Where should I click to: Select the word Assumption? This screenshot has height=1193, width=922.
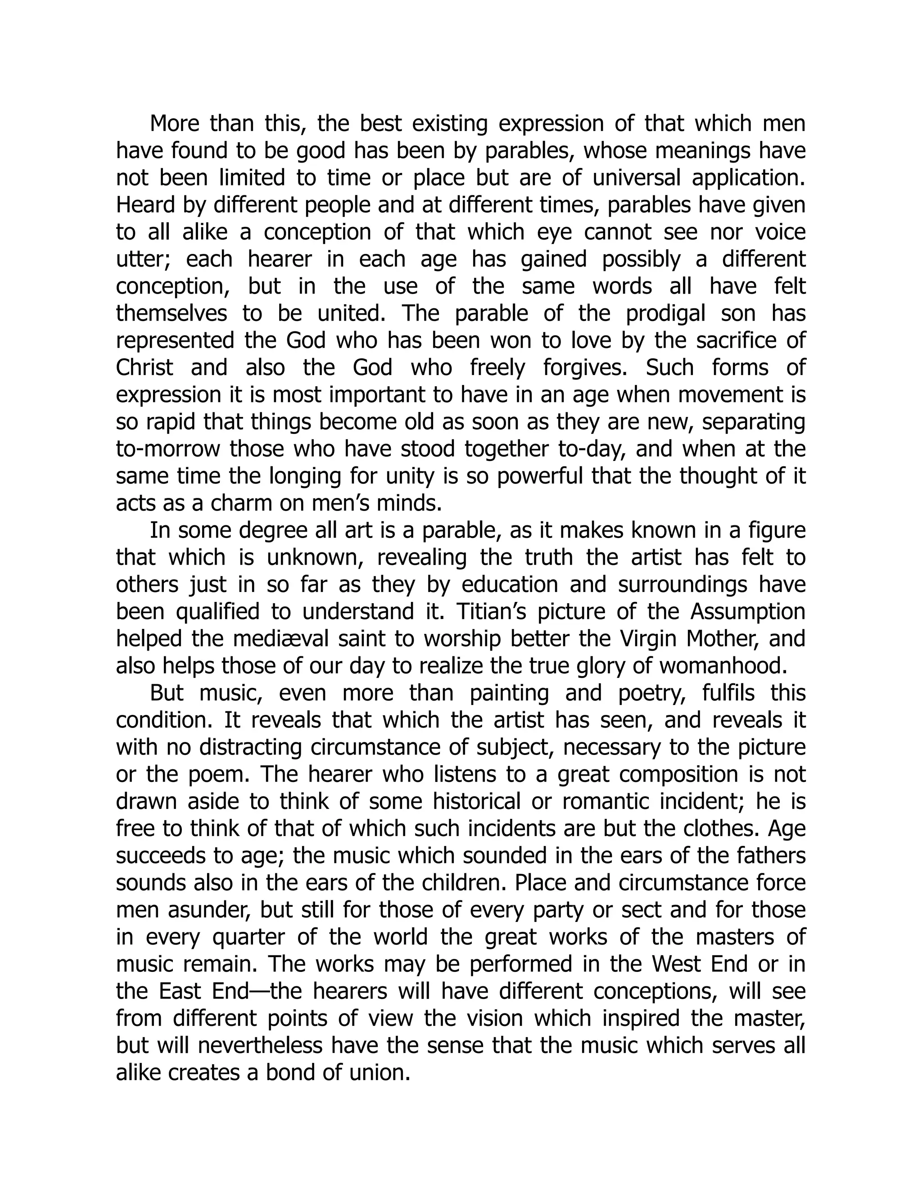coord(748,612)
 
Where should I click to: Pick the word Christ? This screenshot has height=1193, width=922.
coord(144,368)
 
